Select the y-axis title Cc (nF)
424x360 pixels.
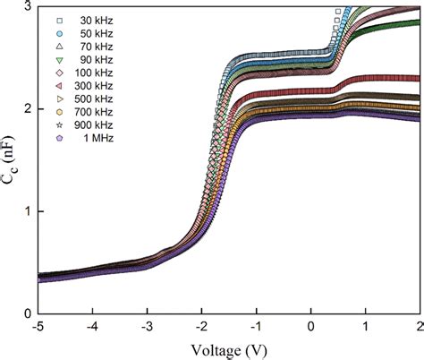12,161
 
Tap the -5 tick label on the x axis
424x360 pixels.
38,327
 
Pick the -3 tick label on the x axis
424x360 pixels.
148,327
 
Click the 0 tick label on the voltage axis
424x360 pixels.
311,327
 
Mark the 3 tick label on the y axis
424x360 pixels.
28,6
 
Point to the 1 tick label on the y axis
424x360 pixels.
28,211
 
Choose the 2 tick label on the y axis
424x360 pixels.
28,108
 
